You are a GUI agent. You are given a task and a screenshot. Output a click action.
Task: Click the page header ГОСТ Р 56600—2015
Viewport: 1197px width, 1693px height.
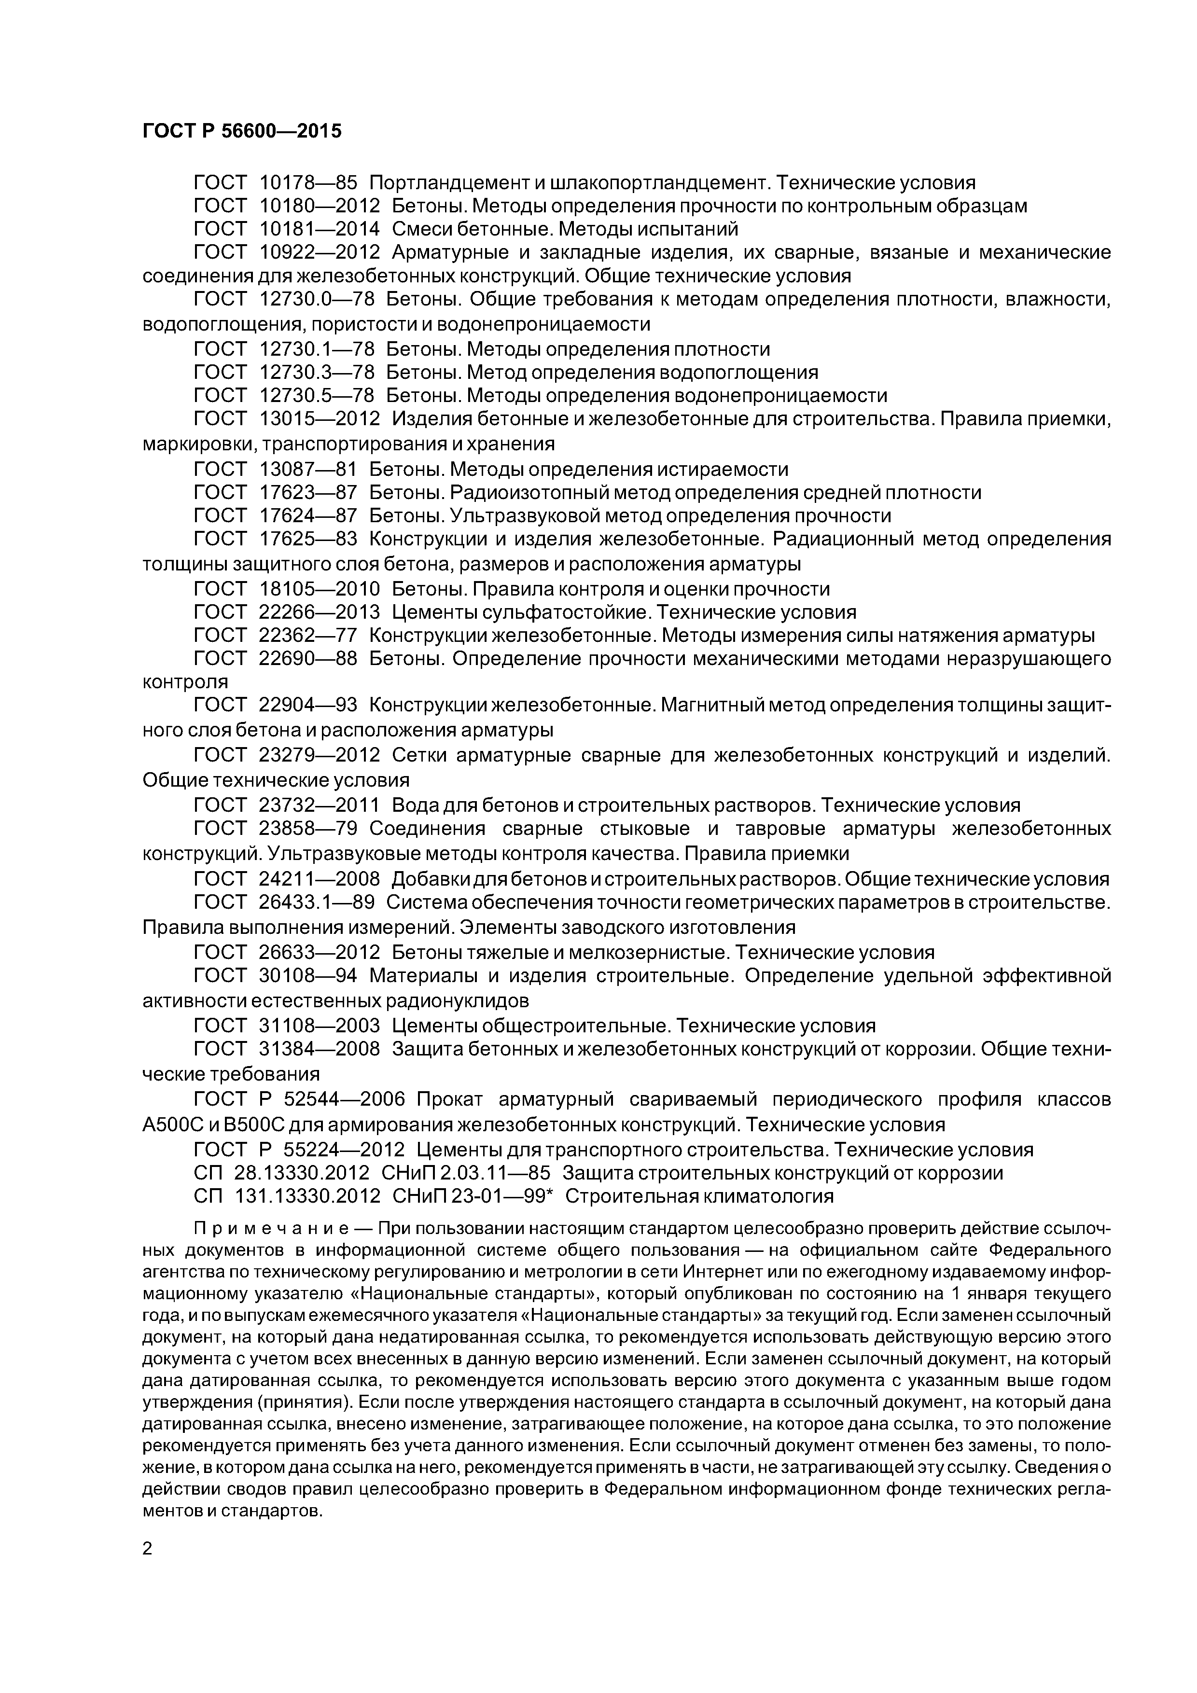242,131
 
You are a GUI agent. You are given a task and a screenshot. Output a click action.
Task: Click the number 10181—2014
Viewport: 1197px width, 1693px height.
320,229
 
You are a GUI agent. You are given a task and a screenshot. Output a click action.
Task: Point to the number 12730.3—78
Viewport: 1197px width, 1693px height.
317,373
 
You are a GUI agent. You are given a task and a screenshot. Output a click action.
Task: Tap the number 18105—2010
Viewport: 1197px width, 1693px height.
320,589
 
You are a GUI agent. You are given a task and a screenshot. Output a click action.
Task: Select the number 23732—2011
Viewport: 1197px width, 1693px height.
320,805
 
